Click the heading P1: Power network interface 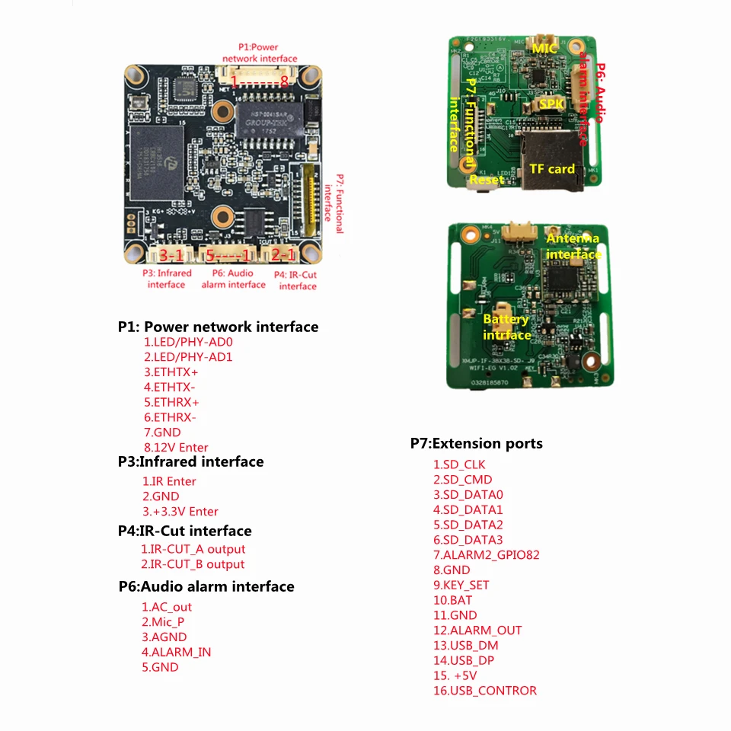(x=218, y=327)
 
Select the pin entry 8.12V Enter (x=176, y=447)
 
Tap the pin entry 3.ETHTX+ (x=171, y=372)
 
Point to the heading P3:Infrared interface (x=190, y=461)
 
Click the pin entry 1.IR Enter (x=169, y=481)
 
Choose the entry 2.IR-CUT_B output (x=193, y=564)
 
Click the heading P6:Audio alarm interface (x=206, y=586)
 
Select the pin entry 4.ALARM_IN (x=176, y=652)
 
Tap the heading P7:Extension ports (x=477, y=443)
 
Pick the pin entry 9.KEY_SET (x=461, y=585)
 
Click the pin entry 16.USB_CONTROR (x=485, y=691)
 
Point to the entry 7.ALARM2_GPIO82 (x=487, y=555)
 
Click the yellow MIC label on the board (x=544, y=48)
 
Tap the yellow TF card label (x=552, y=168)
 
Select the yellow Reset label (x=486, y=180)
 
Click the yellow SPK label (x=551, y=103)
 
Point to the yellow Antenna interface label (x=573, y=246)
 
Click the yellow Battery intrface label (x=506, y=327)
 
